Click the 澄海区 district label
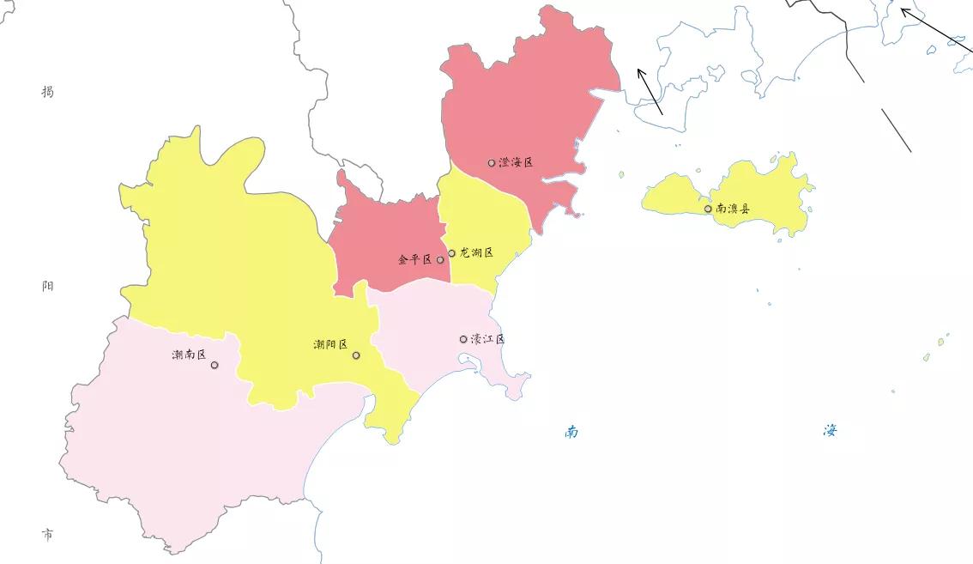516,162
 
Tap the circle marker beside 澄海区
492,162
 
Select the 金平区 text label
415,259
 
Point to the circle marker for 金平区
440,259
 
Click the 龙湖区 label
477,253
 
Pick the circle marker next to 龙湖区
452,253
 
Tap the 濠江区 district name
488,339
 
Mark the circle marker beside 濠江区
463,339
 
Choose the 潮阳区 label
331,345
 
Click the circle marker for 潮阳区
356,355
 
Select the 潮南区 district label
189,355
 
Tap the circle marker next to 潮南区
215,365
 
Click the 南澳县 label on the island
733,209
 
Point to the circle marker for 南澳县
708,209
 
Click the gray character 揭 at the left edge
48,91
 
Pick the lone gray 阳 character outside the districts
48,286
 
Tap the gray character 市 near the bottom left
48,535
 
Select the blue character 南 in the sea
571,431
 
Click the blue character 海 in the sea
830,430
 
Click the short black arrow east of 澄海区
650,91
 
